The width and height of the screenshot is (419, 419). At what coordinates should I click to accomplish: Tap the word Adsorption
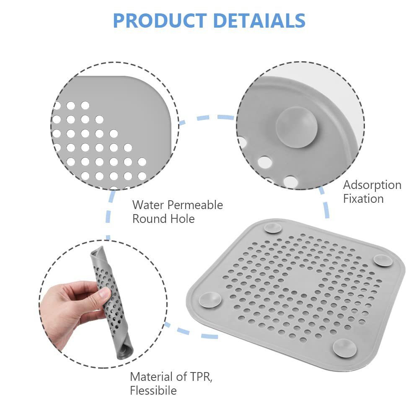click(x=372, y=185)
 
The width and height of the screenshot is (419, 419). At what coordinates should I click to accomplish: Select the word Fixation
click(x=363, y=199)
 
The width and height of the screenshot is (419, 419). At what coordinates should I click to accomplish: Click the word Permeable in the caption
click(x=195, y=205)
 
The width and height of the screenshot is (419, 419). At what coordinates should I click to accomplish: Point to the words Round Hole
click(x=163, y=219)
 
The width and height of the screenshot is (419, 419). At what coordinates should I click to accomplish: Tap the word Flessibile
click(x=153, y=391)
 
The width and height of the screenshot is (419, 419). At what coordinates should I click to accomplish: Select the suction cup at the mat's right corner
click(x=383, y=260)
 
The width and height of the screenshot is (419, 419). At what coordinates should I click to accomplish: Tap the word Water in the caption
click(x=148, y=205)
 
